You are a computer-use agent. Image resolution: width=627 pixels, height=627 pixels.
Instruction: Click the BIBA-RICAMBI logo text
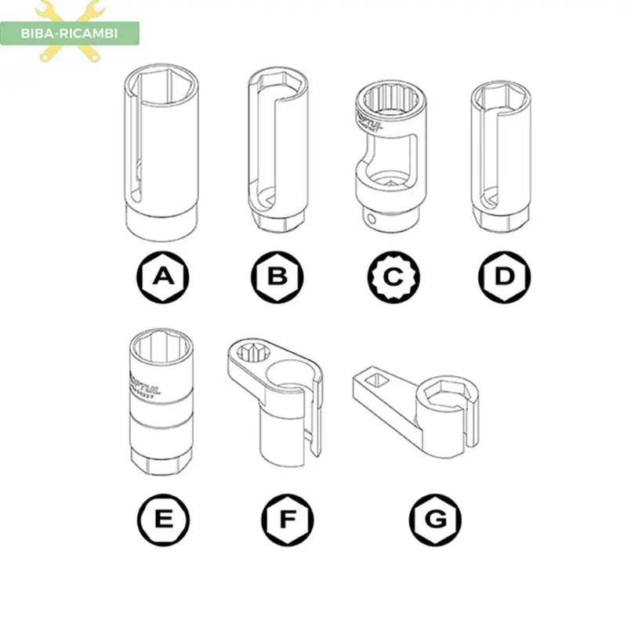pyautogui.click(x=71, y=33)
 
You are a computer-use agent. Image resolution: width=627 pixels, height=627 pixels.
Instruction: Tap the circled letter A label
pyautogui.click(x=162, y=275)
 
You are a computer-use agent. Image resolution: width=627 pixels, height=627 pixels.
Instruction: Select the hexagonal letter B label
pyautogui.click(x=277, y=275)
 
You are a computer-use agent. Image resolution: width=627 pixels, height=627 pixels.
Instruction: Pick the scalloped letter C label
pyautogui.click(x=394, y=275)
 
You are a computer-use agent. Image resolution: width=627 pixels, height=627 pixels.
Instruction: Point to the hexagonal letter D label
pyautogui.click(x=505, y=275)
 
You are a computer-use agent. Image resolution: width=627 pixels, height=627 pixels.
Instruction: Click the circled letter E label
pyautogui.click(x=162, y=518)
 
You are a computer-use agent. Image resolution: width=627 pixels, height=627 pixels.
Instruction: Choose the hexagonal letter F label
pyautogui.click(x=288, y=518)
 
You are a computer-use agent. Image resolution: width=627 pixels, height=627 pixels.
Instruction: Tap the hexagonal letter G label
pyautogui.click(x=435, y=518)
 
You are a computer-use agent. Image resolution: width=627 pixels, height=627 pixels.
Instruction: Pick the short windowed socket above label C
pyautogui.click(x=392, y=157)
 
